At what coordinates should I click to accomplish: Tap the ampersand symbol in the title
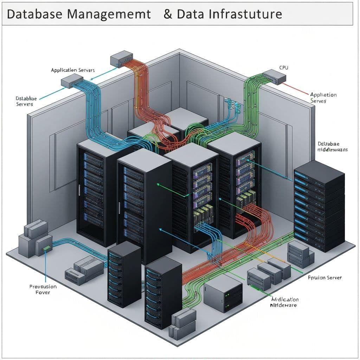tap(168, 14)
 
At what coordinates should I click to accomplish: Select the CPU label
tap(283, 67)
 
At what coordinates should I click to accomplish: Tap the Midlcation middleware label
tap(285, 302)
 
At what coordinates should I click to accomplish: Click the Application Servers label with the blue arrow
tap(72, 70)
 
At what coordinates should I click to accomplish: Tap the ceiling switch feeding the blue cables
tap(72, 83)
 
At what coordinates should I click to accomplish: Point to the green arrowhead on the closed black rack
tap(157, 184)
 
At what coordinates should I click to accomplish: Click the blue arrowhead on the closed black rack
tap(160, 229)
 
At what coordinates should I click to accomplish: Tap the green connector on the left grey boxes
tap(46, 249)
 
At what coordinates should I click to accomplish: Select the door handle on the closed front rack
tap(120, 207)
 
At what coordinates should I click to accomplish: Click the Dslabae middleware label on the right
tap(332, 147)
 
